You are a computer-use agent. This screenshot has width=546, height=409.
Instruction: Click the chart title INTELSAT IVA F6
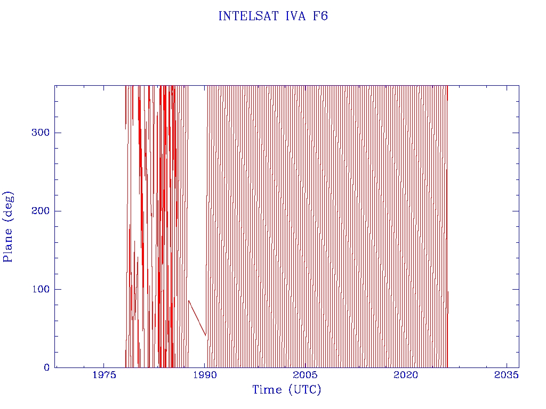(x=273, y=16)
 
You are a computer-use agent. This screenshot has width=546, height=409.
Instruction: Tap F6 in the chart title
(x=320, y=16)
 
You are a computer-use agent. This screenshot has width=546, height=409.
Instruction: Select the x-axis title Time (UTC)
(x=287, y=390)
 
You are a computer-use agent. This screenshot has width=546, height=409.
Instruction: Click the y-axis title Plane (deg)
(x=8, y=226)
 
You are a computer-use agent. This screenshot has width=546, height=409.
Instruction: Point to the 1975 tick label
(x=105, y=375)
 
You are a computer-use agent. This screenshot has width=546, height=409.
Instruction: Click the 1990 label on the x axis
(x=205, y=375)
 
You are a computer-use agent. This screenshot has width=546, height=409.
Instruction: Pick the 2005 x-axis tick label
(x=306, y=375)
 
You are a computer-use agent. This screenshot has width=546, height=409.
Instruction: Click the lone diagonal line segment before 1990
(x=197, y=318)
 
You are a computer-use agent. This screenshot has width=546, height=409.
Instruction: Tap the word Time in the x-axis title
(x=267, y=390)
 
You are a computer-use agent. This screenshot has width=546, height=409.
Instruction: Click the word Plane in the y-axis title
(x=8, y=243)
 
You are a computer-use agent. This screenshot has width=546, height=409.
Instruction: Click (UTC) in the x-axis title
(x=304, y=390)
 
